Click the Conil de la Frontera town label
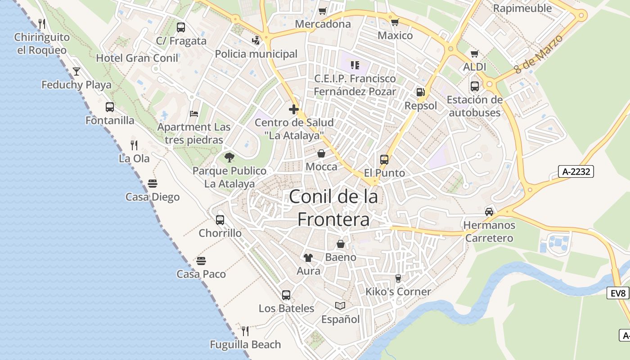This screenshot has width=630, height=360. click(333, 208)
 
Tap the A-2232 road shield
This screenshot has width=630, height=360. click(576, 171)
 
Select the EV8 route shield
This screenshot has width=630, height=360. click(618, 293)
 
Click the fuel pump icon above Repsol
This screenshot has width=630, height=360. click(420, 92)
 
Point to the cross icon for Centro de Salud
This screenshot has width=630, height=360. click(294, 109)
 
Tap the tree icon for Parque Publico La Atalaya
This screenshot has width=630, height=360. click(229, 157)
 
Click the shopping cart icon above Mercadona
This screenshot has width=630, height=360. click(322, 11)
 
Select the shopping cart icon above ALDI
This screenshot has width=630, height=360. click(474, 54)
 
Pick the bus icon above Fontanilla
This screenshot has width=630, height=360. click(110, 107)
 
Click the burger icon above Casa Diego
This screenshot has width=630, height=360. click(152, 183)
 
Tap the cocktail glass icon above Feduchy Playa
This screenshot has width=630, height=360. click(76, 71)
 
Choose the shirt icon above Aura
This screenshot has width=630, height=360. click(308, 257)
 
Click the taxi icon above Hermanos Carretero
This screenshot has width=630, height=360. click(489, 211)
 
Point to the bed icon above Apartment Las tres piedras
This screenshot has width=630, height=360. click(194, 113)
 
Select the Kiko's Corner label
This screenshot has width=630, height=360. click(398, 292)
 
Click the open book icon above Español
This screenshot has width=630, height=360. click(340, 306)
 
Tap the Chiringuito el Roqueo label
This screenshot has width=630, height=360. click(42, 44)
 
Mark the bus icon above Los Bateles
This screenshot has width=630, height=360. click(286, 295)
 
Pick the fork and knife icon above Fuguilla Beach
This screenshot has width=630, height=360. click(245, 331)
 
